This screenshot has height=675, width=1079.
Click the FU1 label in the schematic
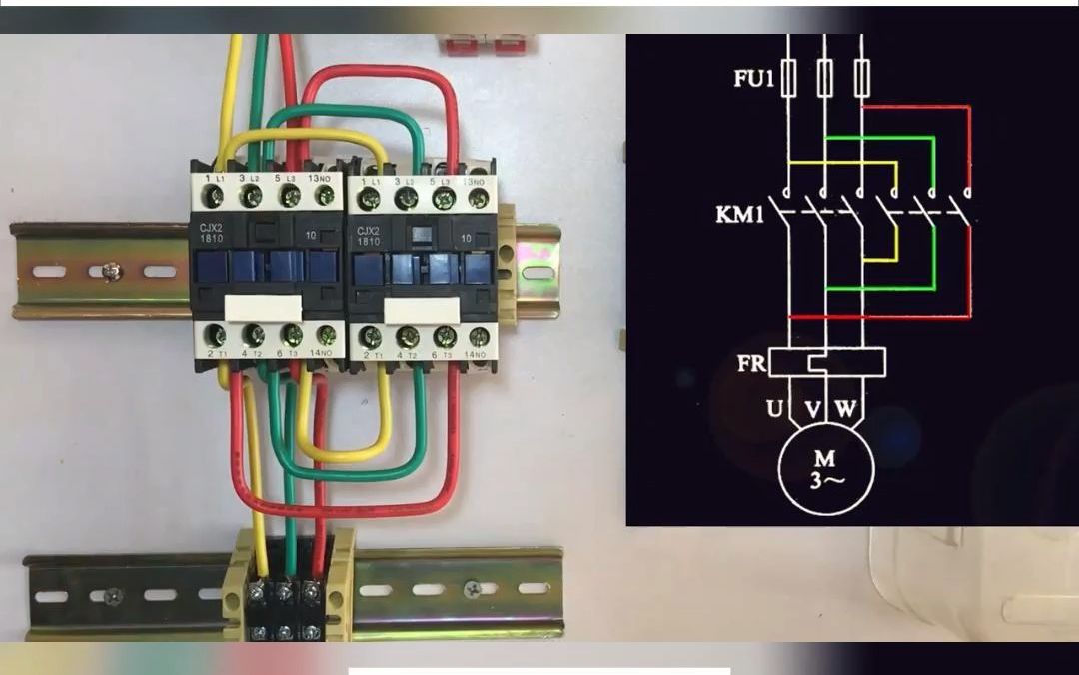click(753, 78)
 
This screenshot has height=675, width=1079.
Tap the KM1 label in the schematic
click(739, 214)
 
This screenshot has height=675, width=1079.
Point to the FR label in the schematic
click(751, 363)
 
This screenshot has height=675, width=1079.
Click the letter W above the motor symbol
click(845, 408)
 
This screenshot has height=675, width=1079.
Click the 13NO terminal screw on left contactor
click(324, 197)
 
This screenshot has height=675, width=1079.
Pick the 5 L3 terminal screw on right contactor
click(442, 199)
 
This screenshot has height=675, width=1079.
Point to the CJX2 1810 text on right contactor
click(368, 237)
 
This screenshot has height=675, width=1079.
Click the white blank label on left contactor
click(263, 308)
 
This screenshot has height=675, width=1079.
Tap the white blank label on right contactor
click(421, 310)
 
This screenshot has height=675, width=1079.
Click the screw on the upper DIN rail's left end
click(112, 270)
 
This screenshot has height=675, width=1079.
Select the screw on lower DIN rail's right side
click(472, 590)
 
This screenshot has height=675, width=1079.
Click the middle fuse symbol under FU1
click(824, 77)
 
